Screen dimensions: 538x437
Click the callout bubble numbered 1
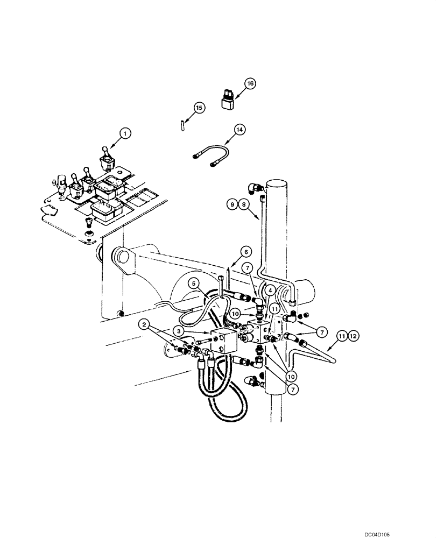click(x=124, y=132)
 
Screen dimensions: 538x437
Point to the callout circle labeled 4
click(x=270, y=290)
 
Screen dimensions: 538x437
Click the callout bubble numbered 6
click(x=245, y=251)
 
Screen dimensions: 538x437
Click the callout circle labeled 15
click(x=199, y=108)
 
